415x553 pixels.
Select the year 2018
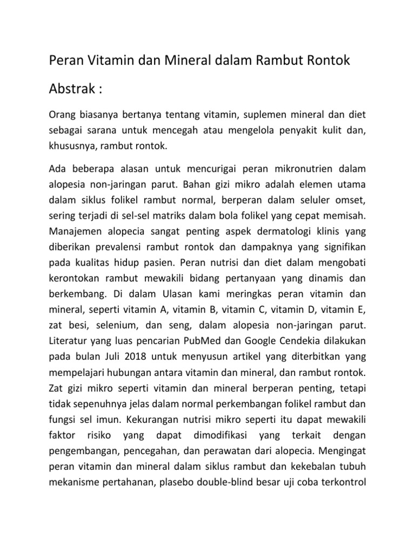pos(138,356)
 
